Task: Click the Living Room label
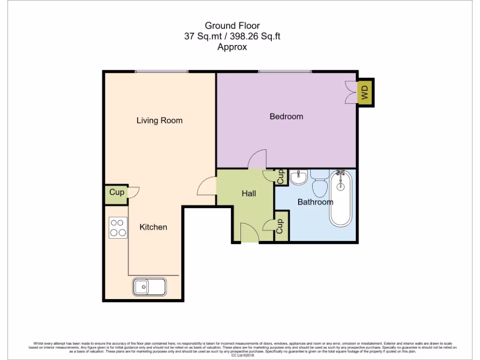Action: click(159, 120)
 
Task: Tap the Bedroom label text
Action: click(286, 116)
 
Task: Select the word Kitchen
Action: click(153, 227)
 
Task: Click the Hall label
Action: click(248, 193)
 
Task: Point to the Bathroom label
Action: click(315, 202)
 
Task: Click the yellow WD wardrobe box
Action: click(365, 92)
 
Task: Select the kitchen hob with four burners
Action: click(118, 227)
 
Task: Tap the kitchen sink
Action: click(149, 286)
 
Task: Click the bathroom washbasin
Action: click(298, 178)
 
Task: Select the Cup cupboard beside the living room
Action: click(116, 192)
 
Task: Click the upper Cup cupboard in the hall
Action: click(280, 177)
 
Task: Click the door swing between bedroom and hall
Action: click(257, 160)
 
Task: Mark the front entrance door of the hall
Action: click(248, 233)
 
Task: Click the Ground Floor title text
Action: click(232, 25)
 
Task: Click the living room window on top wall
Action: click(161, 72)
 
